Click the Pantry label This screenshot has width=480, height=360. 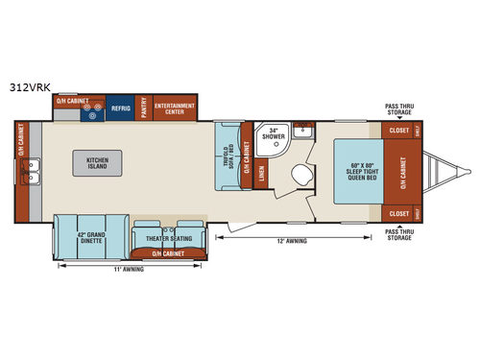tap(142, 108)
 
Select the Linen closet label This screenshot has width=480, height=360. tap(263, 174)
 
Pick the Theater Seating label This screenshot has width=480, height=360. tap(168, 240)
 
